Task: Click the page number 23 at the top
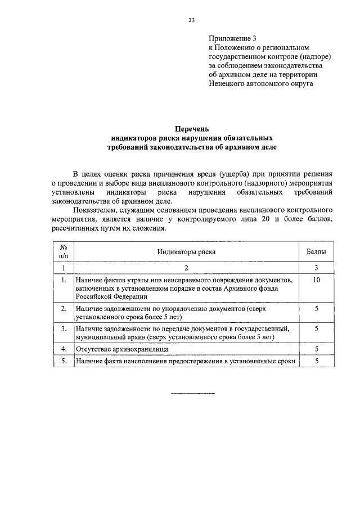(191, 21)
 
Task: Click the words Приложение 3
(232, 39)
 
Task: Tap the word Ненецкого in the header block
(231, 84)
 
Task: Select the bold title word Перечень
(192, 129)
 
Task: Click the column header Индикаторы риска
(186, 253)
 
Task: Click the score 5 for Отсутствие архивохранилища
(317, 349)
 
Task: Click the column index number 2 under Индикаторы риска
(186, 267)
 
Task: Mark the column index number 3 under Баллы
(317, 267)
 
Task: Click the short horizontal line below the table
(192, 393)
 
